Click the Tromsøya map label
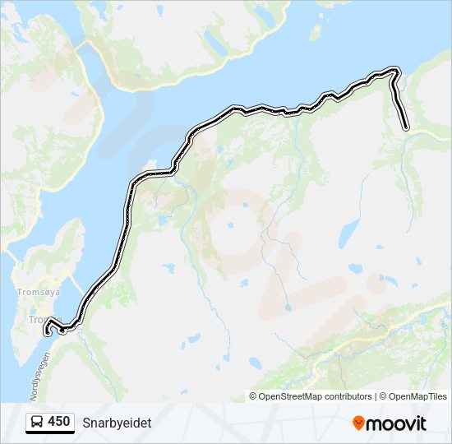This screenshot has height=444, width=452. (x=35, y=291)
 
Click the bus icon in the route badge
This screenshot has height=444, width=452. (x=37, y=422)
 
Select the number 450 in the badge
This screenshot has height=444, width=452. (x=58, y=422)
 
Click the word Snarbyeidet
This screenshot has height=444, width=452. (x=117, y=422)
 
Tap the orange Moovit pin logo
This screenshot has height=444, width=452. (x=358, y=423)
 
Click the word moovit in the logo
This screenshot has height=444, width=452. (x=396, y=423)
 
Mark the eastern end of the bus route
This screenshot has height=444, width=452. (x=406, y=127)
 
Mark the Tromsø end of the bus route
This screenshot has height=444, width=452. (x=47, y=331)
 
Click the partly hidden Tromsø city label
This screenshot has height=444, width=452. (x=38, y=319)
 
